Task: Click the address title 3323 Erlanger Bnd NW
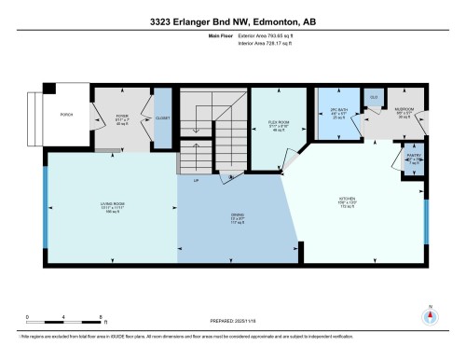tap(232, 16)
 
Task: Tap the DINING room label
tap(238, 218)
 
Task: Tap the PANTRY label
tap(415, 158)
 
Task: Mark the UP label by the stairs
tap(195, 180)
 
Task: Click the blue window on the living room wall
tap(46, 205)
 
